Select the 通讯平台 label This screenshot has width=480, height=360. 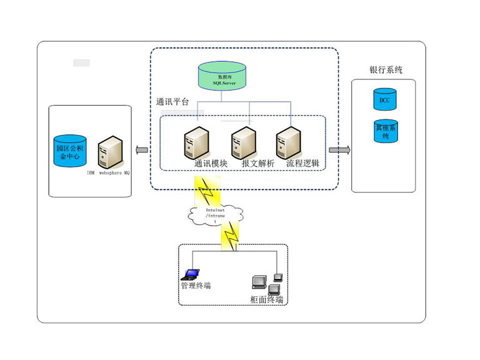tap(172, 101)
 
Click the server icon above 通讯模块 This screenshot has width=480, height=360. tap(194, 143)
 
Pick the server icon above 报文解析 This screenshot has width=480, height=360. tap(242, 143)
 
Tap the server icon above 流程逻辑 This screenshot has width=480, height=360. tap(288, 143)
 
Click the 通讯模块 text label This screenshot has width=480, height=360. tap(210, 163)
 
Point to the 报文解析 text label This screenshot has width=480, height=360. tap(257, 163)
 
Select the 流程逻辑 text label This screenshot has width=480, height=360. tap(302, 163)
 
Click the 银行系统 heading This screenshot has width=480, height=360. tap(386, 70)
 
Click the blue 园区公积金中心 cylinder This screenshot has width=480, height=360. tap(69, 151)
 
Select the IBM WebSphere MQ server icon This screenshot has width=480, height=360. tap(110, 152)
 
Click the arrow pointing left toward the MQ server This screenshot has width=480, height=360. tap(142, 150)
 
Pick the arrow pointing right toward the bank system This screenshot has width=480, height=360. tap(339, 150)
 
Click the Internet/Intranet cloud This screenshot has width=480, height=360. tap(214, 214)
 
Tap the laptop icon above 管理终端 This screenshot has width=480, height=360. tap(191, 274)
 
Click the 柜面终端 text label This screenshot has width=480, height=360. tap(267, 299)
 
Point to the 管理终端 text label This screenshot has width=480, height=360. tap(196, 286)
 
